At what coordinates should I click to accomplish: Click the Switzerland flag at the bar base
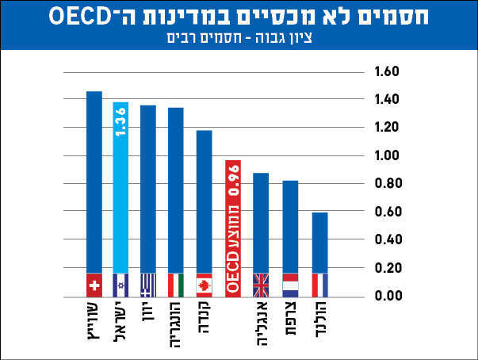click(94, 285)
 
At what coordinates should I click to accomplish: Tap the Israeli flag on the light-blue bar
click(121, 285)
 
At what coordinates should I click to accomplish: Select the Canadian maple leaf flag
click(204, 285)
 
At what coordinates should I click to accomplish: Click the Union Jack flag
click(261, 285)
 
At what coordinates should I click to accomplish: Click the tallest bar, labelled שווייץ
click(94, 182)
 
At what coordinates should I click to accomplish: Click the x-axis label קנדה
click(204, 317)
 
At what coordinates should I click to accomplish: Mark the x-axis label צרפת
click(290, 316)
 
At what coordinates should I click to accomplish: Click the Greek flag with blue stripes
click(148, 285)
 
